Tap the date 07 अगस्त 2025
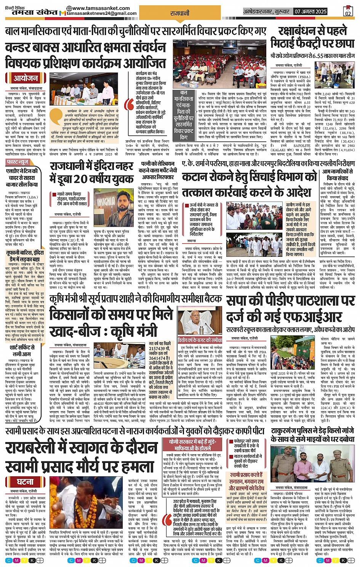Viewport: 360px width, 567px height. pos(310,12)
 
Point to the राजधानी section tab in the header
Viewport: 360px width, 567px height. pos(180,13)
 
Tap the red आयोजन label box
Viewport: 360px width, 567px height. pos(26,78)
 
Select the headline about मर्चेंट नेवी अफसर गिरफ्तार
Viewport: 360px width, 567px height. pos(158,171)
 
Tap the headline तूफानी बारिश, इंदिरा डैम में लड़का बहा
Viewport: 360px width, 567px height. pos(25,255)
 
